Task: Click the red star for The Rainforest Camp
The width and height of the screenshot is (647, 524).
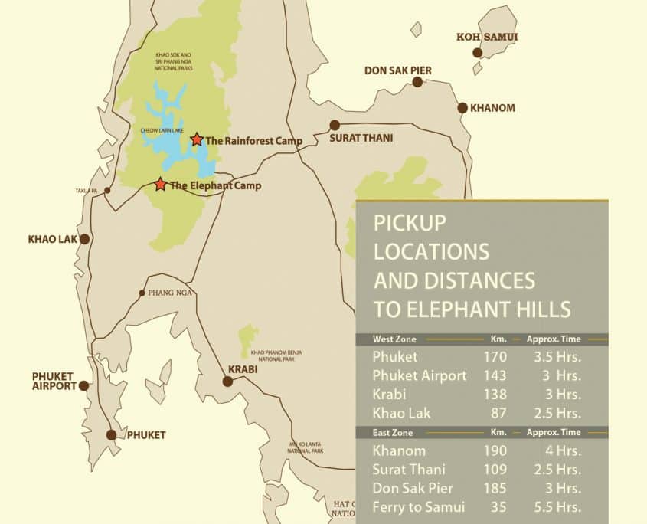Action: coord(197,139)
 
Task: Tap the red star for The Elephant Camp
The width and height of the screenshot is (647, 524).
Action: coord(160,185)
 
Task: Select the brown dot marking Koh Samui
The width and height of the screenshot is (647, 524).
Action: coord(477,53)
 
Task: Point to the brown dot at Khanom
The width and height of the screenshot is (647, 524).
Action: coord(462,108)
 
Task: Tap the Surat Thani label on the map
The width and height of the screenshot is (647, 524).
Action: coord(361,139)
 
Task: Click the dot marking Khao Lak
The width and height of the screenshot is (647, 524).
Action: coord(85,239)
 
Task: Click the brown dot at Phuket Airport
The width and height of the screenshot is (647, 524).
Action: coord(83,385)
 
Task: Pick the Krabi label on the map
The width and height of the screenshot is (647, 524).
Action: coord(242,368)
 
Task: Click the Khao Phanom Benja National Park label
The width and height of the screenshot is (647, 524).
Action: coord(276,355)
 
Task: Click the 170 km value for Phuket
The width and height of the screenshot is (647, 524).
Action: coord(495,357)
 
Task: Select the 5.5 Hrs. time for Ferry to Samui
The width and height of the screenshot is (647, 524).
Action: coord(560,506)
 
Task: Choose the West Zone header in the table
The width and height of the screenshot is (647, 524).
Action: coord(394,339)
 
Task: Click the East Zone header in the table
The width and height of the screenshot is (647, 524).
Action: coord(394,432)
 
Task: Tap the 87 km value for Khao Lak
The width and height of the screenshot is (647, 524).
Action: coord(495,413)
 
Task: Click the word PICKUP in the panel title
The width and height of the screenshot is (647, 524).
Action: coord(409,223)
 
